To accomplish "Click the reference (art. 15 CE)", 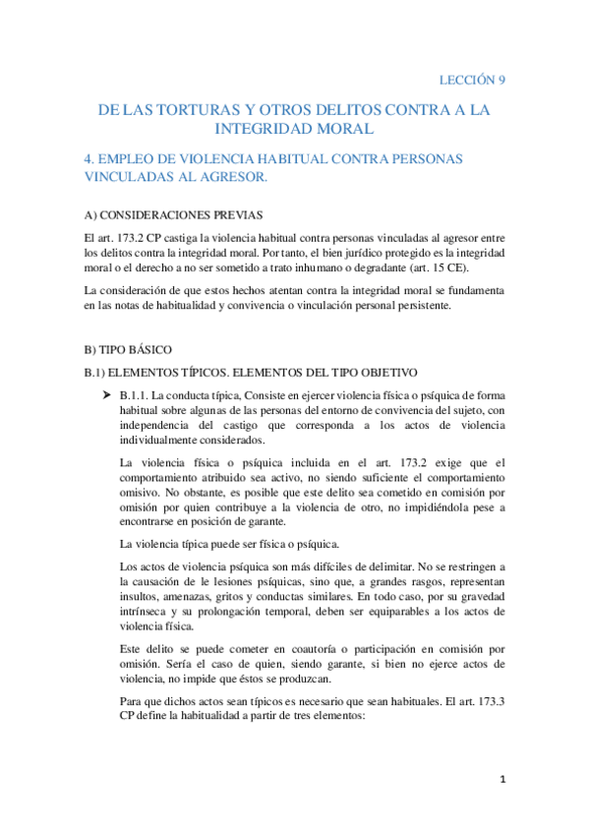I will point(442,268).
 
